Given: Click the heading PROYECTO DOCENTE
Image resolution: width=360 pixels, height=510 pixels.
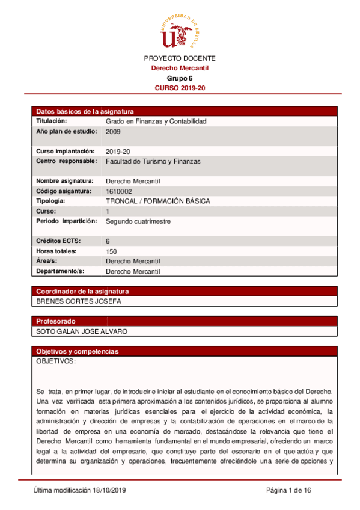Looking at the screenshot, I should pos(179,58).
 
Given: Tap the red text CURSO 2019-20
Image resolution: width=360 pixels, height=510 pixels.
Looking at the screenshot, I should pos(180,88).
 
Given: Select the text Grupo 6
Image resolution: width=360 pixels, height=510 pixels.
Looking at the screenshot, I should pos(179,78).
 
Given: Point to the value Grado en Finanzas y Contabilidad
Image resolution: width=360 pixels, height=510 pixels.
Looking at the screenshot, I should pos(156,121).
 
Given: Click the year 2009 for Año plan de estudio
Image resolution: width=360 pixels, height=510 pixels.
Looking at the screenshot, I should pos(113,131).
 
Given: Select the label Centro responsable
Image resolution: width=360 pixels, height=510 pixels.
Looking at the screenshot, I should pos(66,161).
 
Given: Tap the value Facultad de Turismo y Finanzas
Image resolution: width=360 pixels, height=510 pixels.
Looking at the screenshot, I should pos(153,161).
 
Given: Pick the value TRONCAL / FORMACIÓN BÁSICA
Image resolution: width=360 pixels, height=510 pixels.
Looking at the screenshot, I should pos(157,201).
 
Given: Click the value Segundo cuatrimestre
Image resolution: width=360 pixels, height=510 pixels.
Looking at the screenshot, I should pos(138,221).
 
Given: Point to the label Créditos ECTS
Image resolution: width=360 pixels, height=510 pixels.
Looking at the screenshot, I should pos(59,241).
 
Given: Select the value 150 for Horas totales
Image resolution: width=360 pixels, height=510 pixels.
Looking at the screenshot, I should pos(111,251).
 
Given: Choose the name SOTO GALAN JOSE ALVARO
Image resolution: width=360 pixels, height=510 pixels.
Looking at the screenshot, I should pos(82,331).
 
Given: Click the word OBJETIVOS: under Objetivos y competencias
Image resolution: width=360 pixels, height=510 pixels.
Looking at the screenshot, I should pos(56,361).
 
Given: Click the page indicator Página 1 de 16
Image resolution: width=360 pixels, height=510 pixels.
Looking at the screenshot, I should pos(288,491).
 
